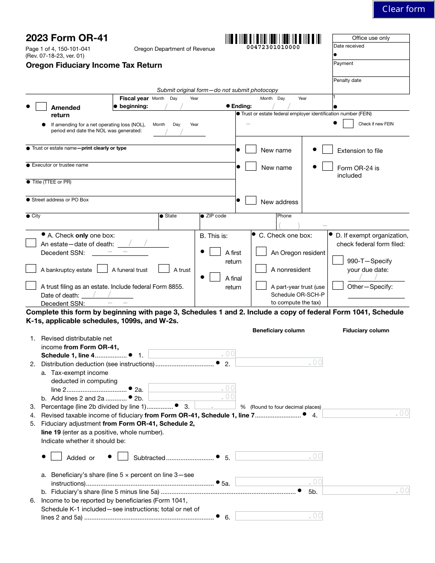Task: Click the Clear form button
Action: [x=403, y=9]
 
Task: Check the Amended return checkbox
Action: [x=41, y=106]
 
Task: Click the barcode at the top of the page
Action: [x=273, y=39]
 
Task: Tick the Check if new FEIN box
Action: [x=348, y=124]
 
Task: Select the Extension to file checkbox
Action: [x=327, y=150]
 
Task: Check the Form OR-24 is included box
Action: [x=327, y=167]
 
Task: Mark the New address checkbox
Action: [x=251, y=200]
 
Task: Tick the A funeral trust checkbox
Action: [x=103, y=269]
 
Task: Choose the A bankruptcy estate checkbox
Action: [x=31, y=269]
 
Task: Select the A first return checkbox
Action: [x=215, y=252]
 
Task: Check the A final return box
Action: [x=215, y=277]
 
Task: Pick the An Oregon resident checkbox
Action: [x=261, y=252]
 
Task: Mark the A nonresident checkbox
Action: [x=261, y=269]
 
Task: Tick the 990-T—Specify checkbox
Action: [x=338, y=260]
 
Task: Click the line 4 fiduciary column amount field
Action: [x=366, y=414]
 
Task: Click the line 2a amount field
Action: [x=192, y=388]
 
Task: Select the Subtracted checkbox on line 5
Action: [x=123, y=456]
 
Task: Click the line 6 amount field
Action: [x=279, y=516]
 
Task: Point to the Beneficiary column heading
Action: [x=278, y=330]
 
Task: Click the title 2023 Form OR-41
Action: [x=67, y=38]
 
